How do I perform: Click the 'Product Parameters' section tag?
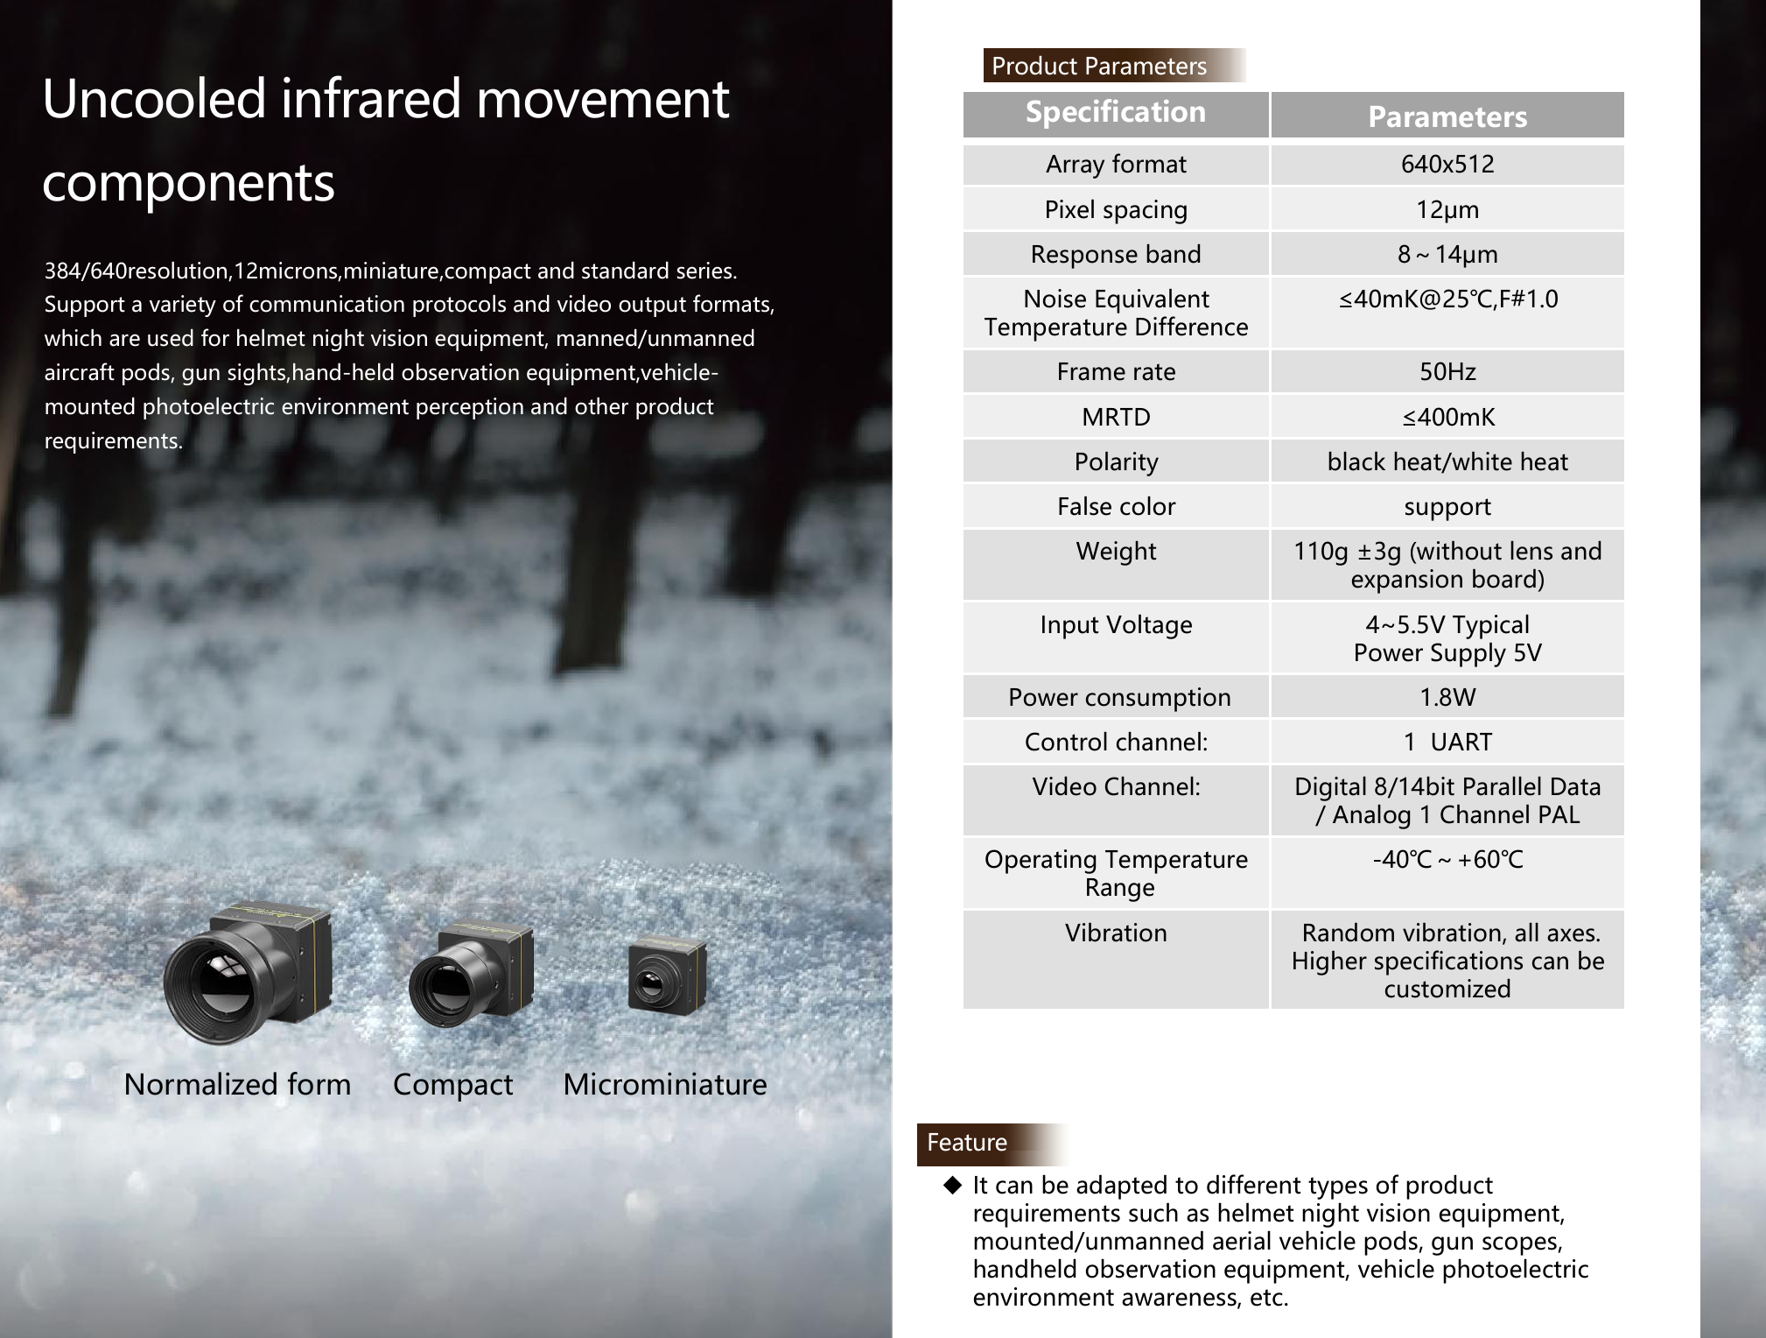(x=1098, y=66)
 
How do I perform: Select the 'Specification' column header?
(x=1115, y=113)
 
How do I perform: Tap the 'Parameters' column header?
(x=1447, y=116)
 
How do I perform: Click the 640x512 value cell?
(x=1447, y=165)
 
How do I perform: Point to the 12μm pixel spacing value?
(x=1447, y=210)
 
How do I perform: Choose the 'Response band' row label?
(x=1115, y=255)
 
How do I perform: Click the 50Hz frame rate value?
(x=1447, y=372)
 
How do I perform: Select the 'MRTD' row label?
(x=1115, y=418)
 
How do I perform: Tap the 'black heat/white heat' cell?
(x=1447, y=462)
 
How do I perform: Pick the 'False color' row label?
(x=1115, y=507)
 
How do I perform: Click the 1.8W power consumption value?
(x=1447, y=698)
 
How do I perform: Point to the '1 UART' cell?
(x=1447, y=743)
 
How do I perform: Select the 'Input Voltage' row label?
(x=1115, y=625)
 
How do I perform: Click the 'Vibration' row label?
(x=1115, y=933)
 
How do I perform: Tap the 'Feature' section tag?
(x=967, y=1143)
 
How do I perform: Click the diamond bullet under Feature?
(x=952, y=1186)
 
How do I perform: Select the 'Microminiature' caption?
(x=664, y=1085)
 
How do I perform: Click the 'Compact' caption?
(x=452, y=1085)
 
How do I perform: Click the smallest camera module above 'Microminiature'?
(x=666, y=978)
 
